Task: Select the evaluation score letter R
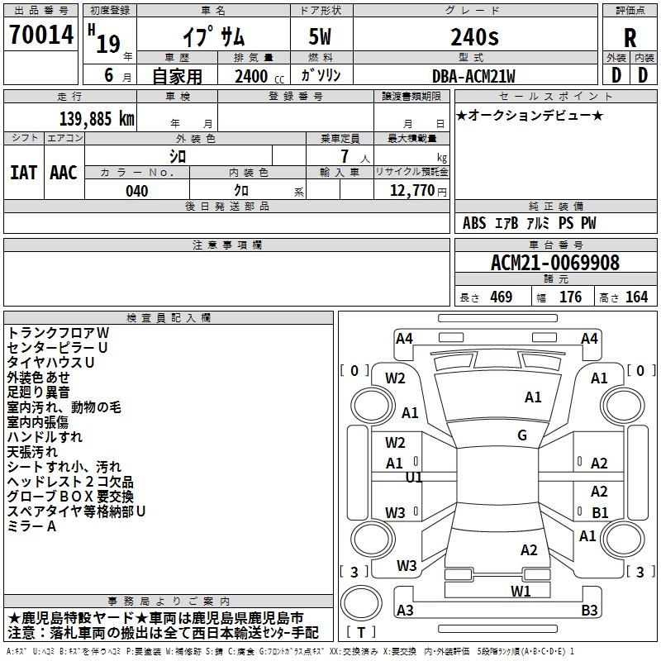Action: tap(630, 38)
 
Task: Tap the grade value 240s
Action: tap(474, 36)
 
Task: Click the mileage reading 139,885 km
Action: tap(97, 119)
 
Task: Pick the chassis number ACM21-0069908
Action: tap(554, 263)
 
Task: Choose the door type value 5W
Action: tap(321, 36)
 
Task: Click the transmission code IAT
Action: tap(24, 172)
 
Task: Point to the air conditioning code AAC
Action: tap(64, 172)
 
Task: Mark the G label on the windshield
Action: tap(522, 435)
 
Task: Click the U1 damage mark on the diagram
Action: tap(414, 478)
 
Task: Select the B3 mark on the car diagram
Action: tap(589, 611)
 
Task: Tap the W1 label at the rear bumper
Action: tap(520, 591)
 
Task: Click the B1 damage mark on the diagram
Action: tap(601, 512)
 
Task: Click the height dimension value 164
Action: tap(636, 297)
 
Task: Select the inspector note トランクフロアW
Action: tap(58, 332)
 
